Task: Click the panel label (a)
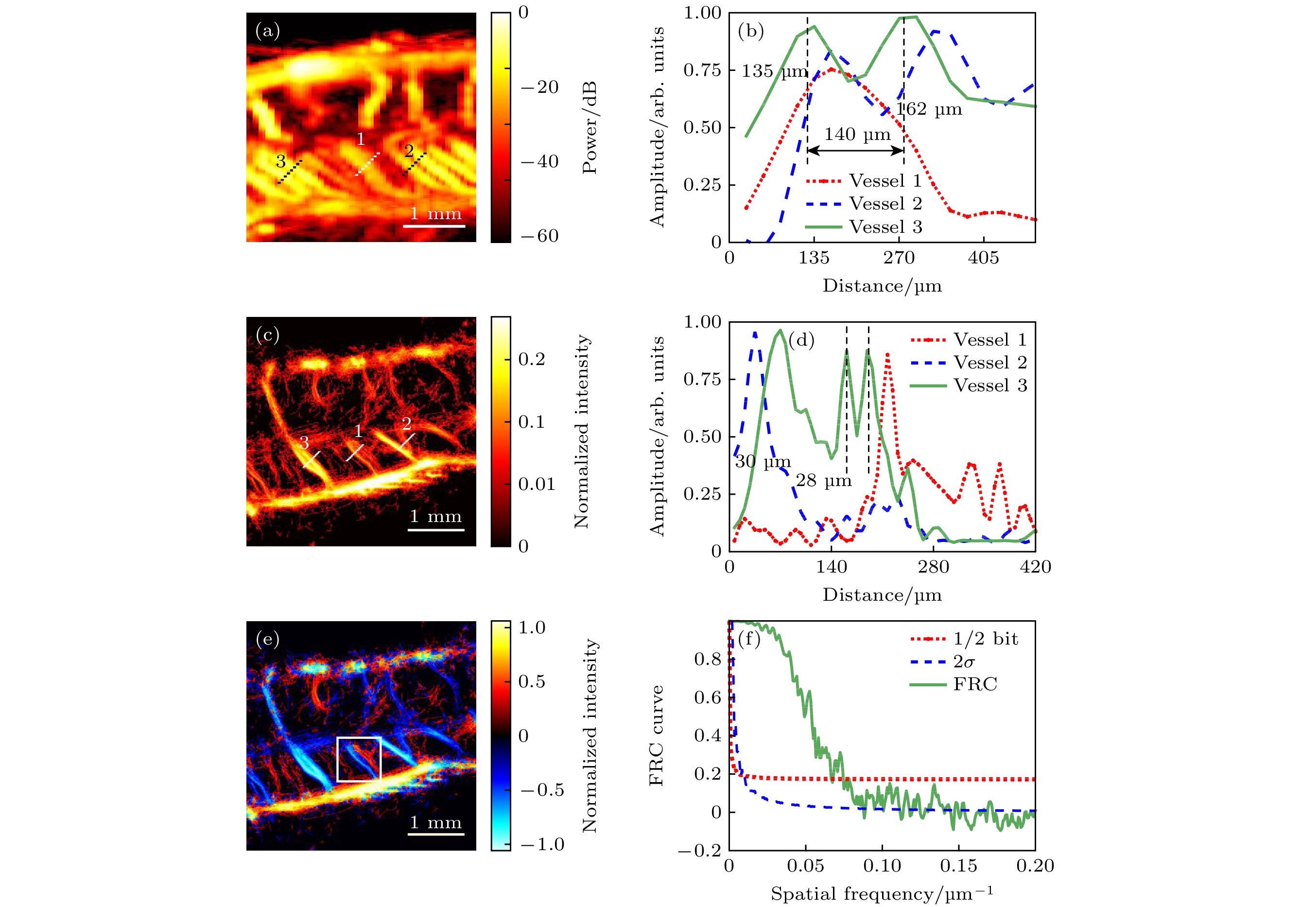[267, 31]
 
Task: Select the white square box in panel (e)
[359, 759]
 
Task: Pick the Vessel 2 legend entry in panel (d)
[970, 363]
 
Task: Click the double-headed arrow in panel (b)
[855, 151]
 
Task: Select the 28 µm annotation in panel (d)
[823, 481]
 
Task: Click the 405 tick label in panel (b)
[983, 259]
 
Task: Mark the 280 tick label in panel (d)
[933, 567]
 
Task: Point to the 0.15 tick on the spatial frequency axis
[958, 866]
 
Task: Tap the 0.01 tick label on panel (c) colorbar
[537, 485]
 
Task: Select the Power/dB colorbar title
[590, 127]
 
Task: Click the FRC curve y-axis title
[656, 736]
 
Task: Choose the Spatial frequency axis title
[882, 894]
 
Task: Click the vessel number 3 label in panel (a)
[280, 161]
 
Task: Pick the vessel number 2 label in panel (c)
[406, 424]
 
